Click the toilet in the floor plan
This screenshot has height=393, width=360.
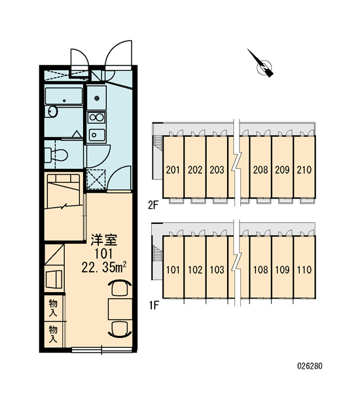click(x=56, y=155)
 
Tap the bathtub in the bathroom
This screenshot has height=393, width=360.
click(x=63, y=96)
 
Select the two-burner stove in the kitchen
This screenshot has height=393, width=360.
click(x=96, y=117)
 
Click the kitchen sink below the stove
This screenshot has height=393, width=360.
click(x=97, y=135)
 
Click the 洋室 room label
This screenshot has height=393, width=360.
click(x=103, y=240)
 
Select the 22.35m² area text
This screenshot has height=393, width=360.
click(x=103, y=267)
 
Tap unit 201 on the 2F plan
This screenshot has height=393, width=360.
click(x=173, y=170)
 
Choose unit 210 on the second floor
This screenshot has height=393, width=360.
click(x=304, y=170)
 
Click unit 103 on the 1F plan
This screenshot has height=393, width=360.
click(x=217, y=270)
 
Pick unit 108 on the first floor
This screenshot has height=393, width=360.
click(x=261, y=270)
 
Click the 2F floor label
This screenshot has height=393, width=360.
click(x=153, y=206)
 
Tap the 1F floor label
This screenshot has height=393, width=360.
click(x=154, y=305)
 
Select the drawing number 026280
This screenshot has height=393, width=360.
click(x=310, y=366)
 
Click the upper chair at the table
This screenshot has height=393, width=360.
click(x=120, y=288)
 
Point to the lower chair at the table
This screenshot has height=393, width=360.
click(x=120, y=329)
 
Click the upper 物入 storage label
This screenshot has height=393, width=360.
click(x=53, y=308)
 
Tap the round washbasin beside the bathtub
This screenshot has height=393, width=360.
click(x=52, y=111)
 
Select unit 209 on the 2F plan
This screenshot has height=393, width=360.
click(x=282, y=170)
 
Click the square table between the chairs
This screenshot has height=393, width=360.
click(x=120, y=309)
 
